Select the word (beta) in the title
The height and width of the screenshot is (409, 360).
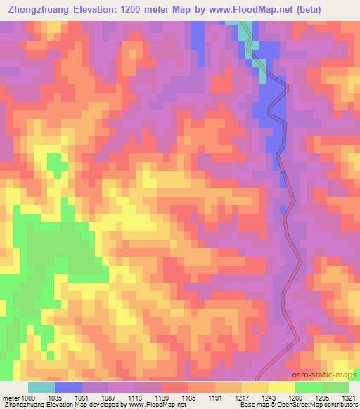[x=339, y=11]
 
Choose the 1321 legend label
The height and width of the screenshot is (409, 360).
[x=335, y=397]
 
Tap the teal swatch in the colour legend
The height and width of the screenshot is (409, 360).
[x=41, y=388]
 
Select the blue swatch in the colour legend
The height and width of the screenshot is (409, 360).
[x=68, y=388]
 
